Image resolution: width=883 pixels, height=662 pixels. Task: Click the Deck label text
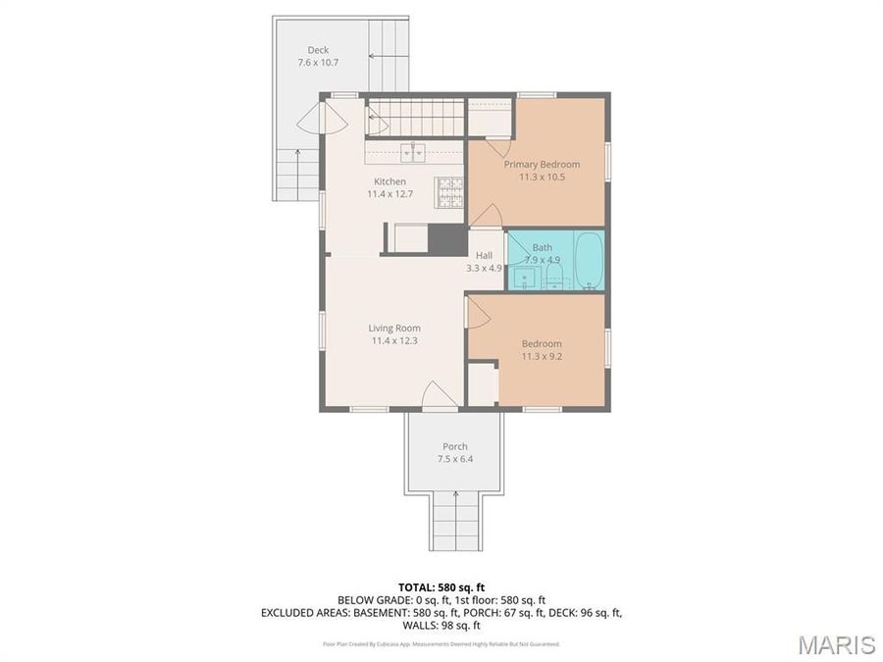coord(318,50)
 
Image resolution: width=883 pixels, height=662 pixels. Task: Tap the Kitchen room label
coord(390,181)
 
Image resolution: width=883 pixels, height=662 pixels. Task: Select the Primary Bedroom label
coord(542,164)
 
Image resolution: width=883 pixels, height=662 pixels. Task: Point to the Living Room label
coord(394,329)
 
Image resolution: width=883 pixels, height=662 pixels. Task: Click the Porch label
coord(454,446)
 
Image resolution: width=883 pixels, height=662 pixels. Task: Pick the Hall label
coord(484,255)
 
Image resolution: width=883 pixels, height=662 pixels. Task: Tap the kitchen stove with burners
coord(449,191)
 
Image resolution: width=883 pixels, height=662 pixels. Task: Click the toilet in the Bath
coord(554,279)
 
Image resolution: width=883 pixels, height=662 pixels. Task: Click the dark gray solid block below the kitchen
coord(447,239)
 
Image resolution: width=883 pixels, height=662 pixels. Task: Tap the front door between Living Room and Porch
coord(439,397)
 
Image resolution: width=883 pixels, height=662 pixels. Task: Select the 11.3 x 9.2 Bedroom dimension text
coord(542,356)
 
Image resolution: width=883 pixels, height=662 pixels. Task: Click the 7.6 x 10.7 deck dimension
coord(318,63)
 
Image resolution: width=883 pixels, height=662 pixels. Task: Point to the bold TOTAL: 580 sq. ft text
coord(441,587)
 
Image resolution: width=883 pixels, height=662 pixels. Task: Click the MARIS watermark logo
coord(836,644)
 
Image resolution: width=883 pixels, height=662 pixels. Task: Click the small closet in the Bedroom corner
coord(482,383)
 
